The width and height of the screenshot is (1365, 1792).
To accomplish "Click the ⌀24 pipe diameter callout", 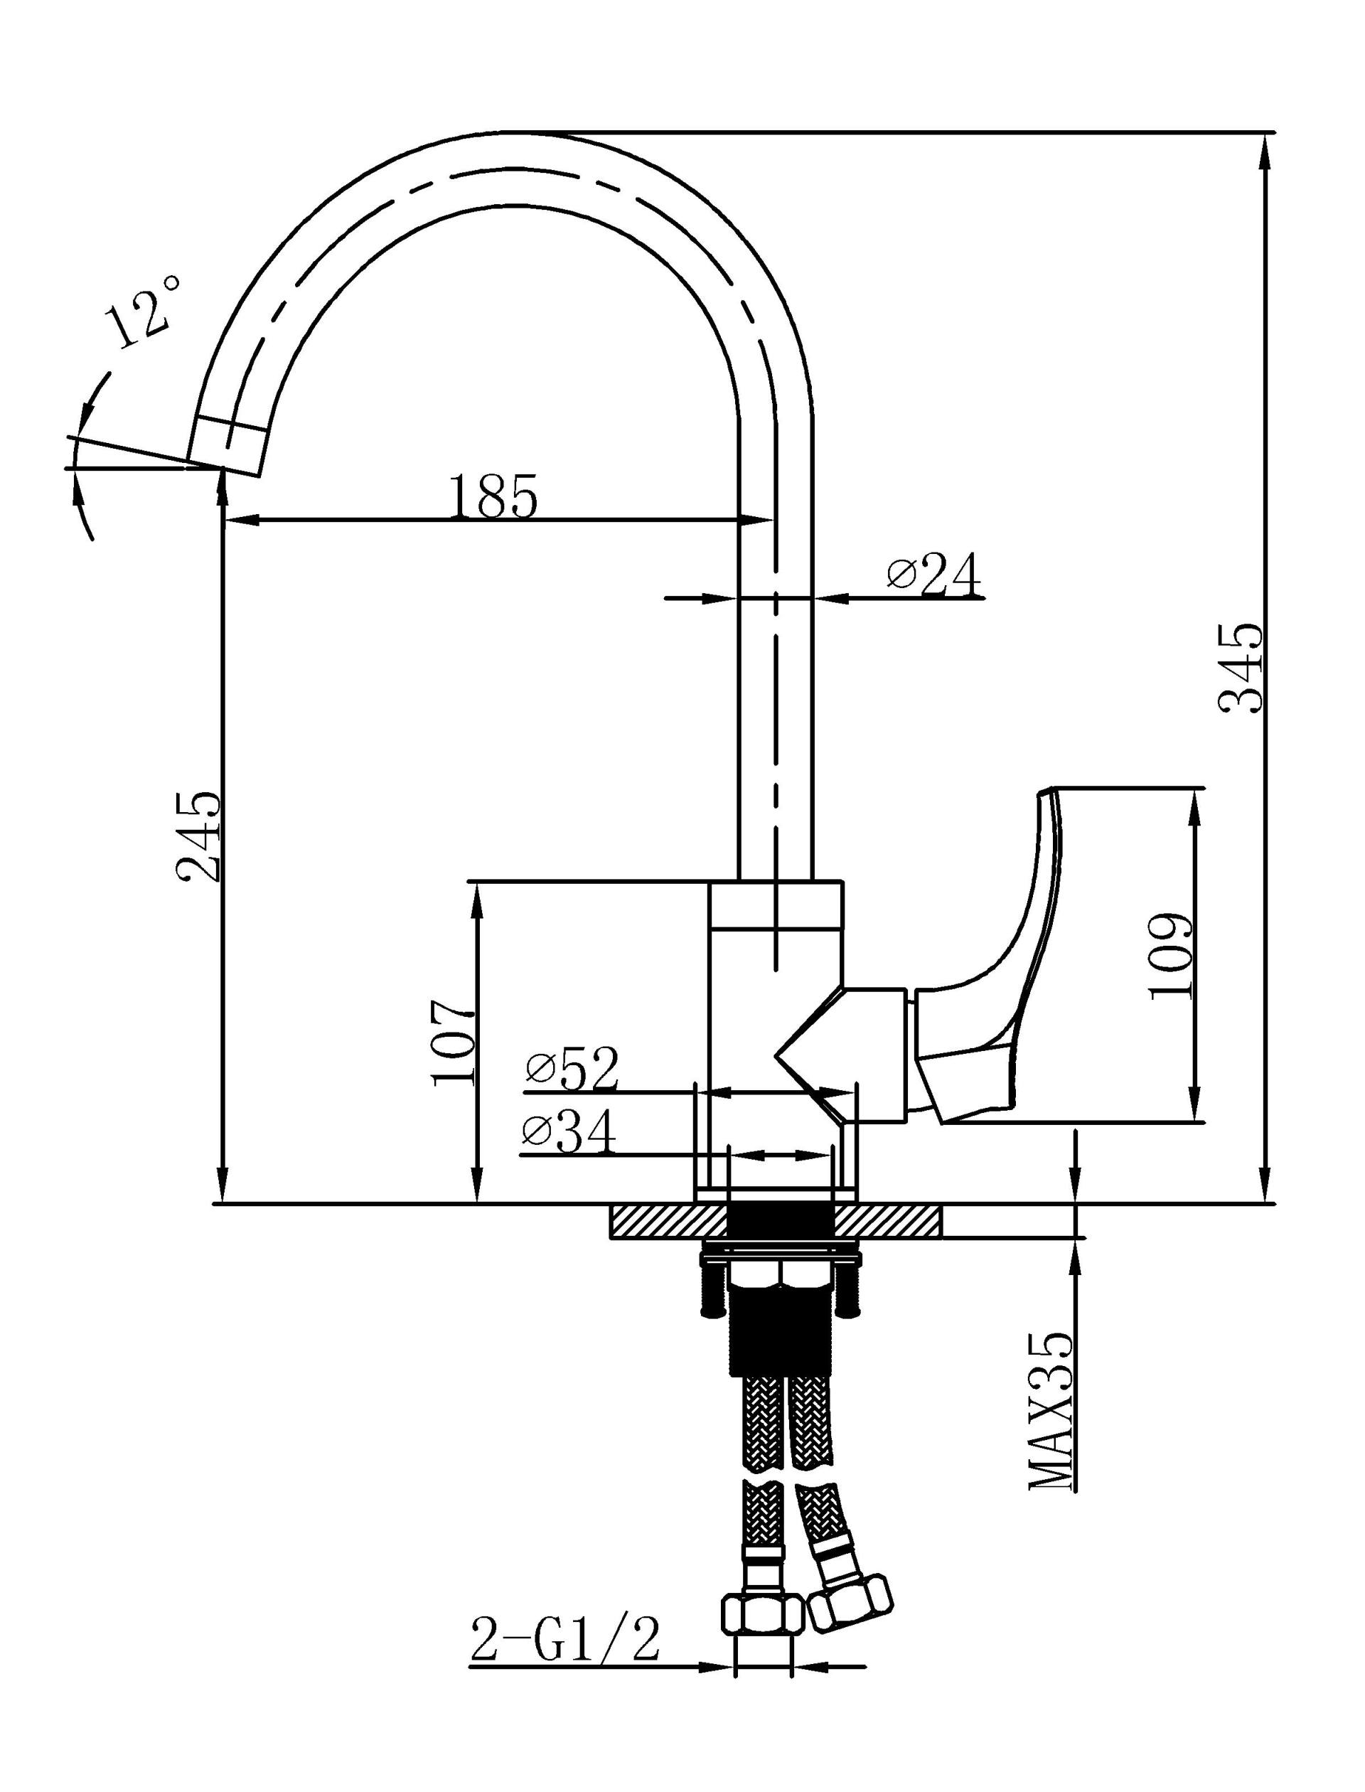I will click(934, 575).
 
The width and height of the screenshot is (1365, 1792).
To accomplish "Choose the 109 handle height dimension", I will click(1170, 956).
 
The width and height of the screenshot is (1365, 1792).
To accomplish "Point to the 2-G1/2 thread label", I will click(564, 1640).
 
